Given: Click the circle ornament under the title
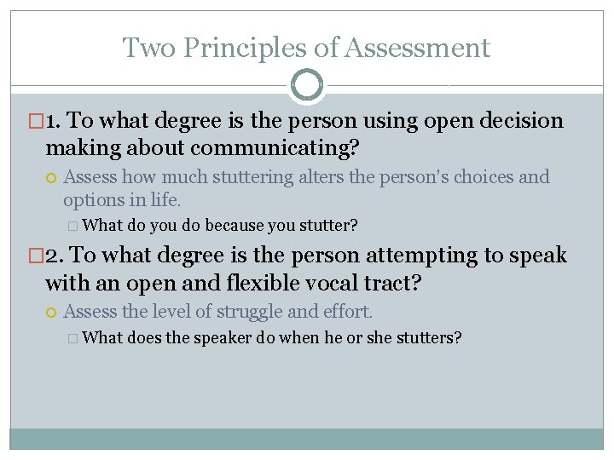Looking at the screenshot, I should [307, 85].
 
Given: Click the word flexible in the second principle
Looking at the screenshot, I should [230, 282].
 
